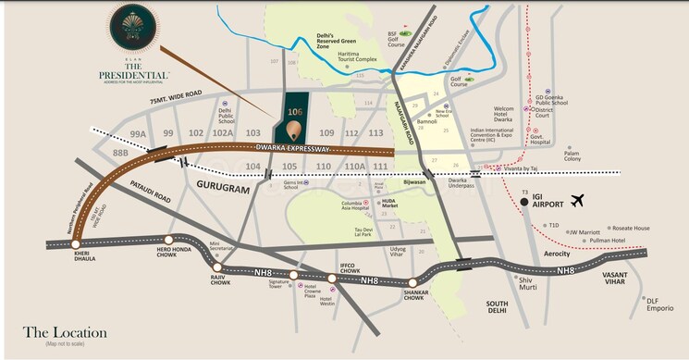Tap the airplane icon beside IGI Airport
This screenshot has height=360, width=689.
(x=580, y=200)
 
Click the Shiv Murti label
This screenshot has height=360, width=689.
(x=528, y=282)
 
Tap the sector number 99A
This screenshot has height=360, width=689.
(x=139, y=133)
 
